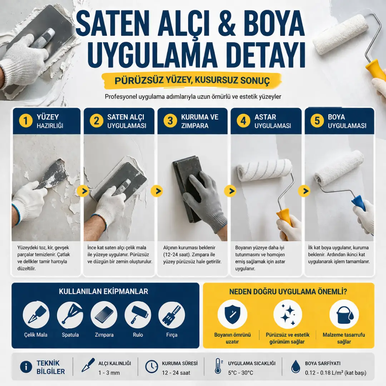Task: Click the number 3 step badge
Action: pos(170,121)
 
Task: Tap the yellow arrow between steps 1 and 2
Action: pos(83,191)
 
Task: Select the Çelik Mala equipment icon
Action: pos(36,315)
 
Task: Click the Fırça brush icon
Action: pos(172,315)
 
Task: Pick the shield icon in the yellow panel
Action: pos(232,314)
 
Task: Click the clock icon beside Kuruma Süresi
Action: pos(152,366)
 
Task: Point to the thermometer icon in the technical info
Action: pos(218,366)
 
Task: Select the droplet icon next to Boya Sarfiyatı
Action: pos(295,366)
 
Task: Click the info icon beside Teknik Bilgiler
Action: pos(26,367)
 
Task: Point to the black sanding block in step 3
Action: pos(187,188)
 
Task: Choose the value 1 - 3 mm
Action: pos(109,373)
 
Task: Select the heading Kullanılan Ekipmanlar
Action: pos(103,292)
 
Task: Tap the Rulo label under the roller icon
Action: pos(138,335)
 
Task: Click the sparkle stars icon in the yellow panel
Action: pos(288,314)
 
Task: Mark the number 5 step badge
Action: pos(317,121)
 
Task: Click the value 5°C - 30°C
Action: pos(241,373)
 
